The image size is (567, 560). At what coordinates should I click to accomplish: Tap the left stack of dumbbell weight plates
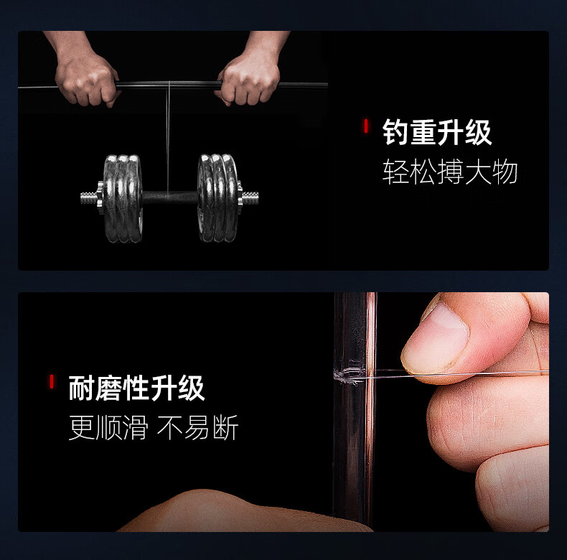(x=123, y=198)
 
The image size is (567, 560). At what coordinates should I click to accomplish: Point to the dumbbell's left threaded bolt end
(x=89, y=198)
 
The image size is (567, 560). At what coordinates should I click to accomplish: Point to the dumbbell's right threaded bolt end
(x=250, y=198)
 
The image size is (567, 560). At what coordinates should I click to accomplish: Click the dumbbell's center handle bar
(x=170, y=198)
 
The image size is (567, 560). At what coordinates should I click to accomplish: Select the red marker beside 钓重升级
(x=366, y=126)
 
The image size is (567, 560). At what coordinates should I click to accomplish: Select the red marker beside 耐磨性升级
(x=52, y=382)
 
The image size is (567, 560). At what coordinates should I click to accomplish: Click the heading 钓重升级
(x=437, y=132)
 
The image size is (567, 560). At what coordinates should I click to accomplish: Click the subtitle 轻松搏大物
(x=450, y=172)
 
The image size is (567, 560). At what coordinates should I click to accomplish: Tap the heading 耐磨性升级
(x=136, y=388)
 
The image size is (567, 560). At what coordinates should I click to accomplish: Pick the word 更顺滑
(x=108, y=427)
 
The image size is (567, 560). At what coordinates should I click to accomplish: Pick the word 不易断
(x=198, y=427)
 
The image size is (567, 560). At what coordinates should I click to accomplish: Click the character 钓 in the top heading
(x=396, y=132)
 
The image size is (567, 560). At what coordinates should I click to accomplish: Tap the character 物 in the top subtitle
(x=505, y=172)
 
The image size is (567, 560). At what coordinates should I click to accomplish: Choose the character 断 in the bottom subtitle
(x=225, y=427)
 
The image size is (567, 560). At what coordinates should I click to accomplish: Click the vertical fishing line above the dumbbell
(x=168, y=139)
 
